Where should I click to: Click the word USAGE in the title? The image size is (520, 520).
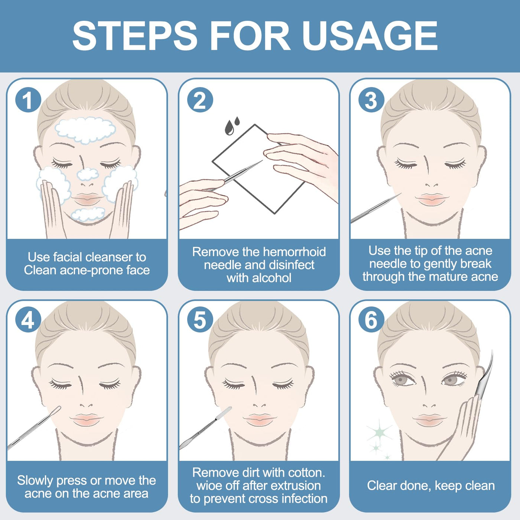click(x=370, y=36)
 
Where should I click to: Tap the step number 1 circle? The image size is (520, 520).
click(x=28, y=100)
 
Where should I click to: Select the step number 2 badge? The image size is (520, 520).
click(x=200, y=100)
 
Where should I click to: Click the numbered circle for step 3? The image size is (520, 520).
click(x=371, y=100)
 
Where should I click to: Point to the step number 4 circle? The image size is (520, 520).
click(x=28, y=321)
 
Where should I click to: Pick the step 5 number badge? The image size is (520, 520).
click(x=200, y=321)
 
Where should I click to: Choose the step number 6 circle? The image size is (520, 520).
click(x=371, y=321)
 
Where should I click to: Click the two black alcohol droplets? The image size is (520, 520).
click(x=233, y=126)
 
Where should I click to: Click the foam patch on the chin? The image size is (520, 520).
click(x=88, y=214)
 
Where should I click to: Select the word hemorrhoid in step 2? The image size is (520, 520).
click(x=295, y=252)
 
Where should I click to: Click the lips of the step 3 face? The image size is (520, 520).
click(x=432, y=199)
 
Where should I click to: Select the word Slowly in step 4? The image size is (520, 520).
click(x=36, y=481)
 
